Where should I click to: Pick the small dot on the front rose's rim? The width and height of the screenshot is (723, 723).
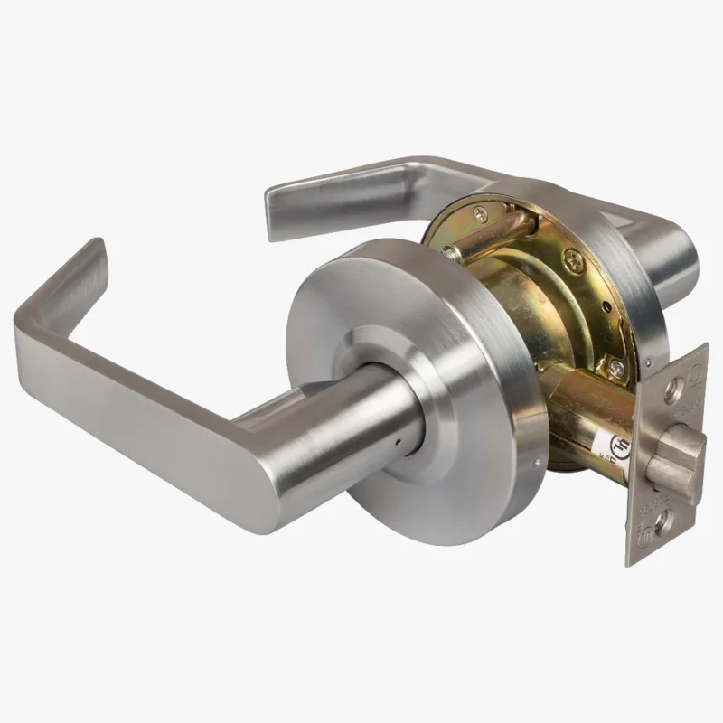point(539,467)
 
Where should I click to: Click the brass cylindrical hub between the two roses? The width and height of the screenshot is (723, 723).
point(533,298)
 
